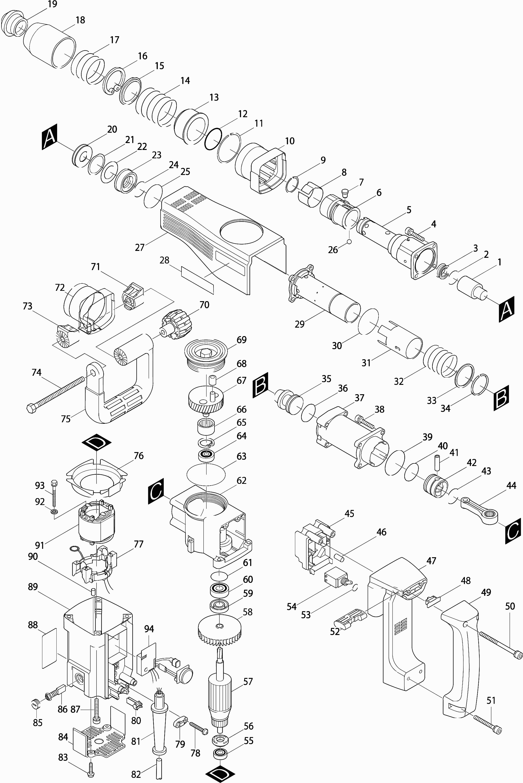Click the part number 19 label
click(52, 4)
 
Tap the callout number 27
click(140, 247)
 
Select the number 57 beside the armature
click(248, 682)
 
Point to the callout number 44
click(511, 486)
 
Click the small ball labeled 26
click(349, 241)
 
